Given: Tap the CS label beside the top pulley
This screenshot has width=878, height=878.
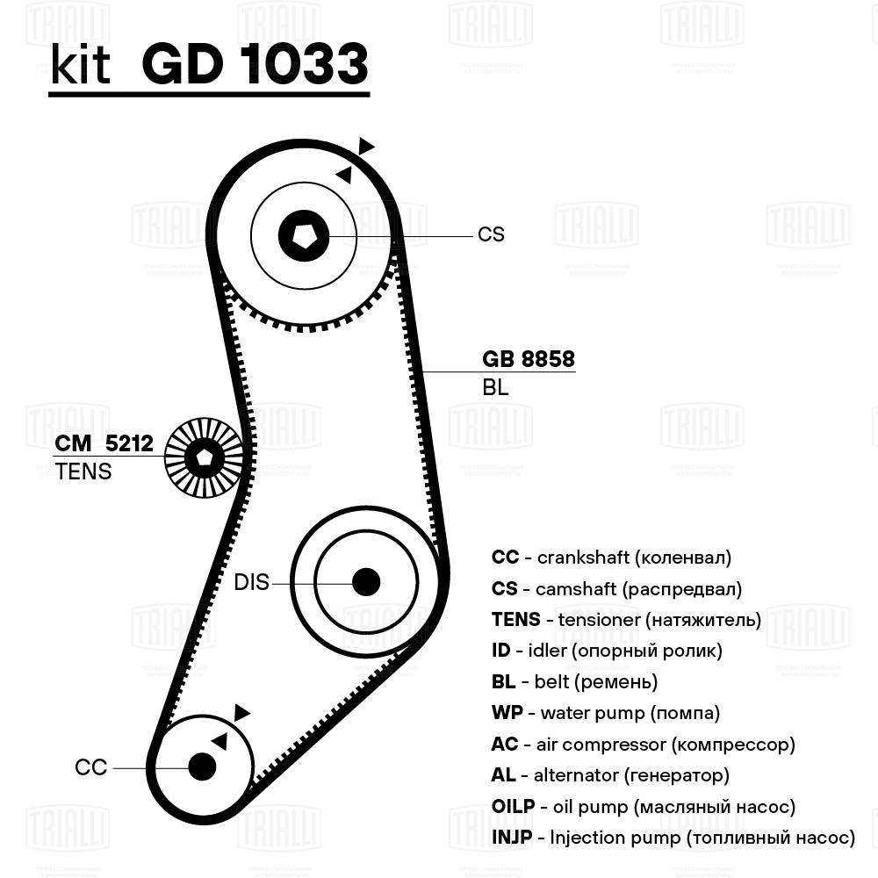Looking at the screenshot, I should pos(491,234).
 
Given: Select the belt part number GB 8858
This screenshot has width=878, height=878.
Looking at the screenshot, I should pos(529,359).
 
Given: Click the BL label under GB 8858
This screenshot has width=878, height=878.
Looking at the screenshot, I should pos(495,387).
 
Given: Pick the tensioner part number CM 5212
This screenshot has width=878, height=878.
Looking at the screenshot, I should pos(104,444).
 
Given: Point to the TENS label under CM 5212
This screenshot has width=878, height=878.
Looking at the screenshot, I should pos(83,471).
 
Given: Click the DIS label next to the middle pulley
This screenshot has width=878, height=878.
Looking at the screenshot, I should pos(251,582).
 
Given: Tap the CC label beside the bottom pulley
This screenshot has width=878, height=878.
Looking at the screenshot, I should pos(90,767).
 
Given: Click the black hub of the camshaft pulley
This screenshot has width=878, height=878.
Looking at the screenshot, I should pos(304,234).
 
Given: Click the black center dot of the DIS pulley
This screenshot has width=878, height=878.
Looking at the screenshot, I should pos(365,581).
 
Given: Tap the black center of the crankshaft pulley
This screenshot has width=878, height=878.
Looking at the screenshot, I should pos(202,766).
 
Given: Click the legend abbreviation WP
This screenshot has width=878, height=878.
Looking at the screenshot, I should pos(506,713).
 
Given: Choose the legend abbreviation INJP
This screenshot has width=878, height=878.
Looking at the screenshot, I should pos(512,838).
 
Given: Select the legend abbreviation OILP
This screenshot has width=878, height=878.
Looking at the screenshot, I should pos(514,806).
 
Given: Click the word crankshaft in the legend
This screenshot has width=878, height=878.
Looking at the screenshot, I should pos(581,558).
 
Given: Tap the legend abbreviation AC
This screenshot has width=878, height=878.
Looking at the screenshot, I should pos(505,745).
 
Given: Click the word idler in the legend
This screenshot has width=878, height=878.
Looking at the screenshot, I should pos(548,651).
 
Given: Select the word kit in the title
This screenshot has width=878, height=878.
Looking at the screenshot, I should pos(80,66).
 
